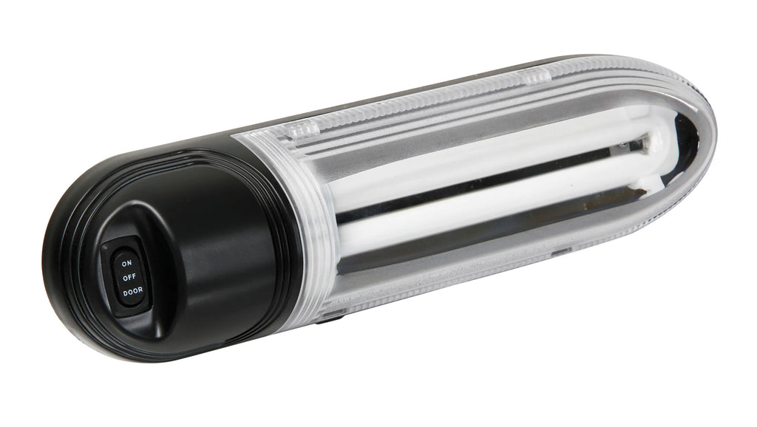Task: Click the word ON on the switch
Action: coord(126,262)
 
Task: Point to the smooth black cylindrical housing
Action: coord(222,244)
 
